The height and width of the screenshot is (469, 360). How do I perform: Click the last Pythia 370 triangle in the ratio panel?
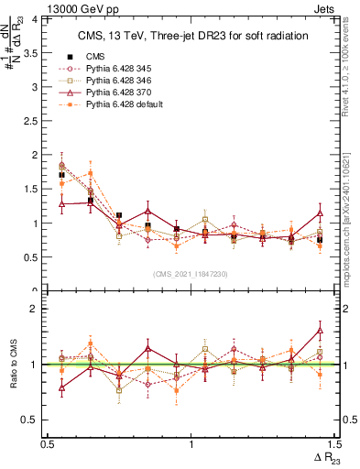(x=320, y=330)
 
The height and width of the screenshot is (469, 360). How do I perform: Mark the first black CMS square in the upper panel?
(x=61, y=174)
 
